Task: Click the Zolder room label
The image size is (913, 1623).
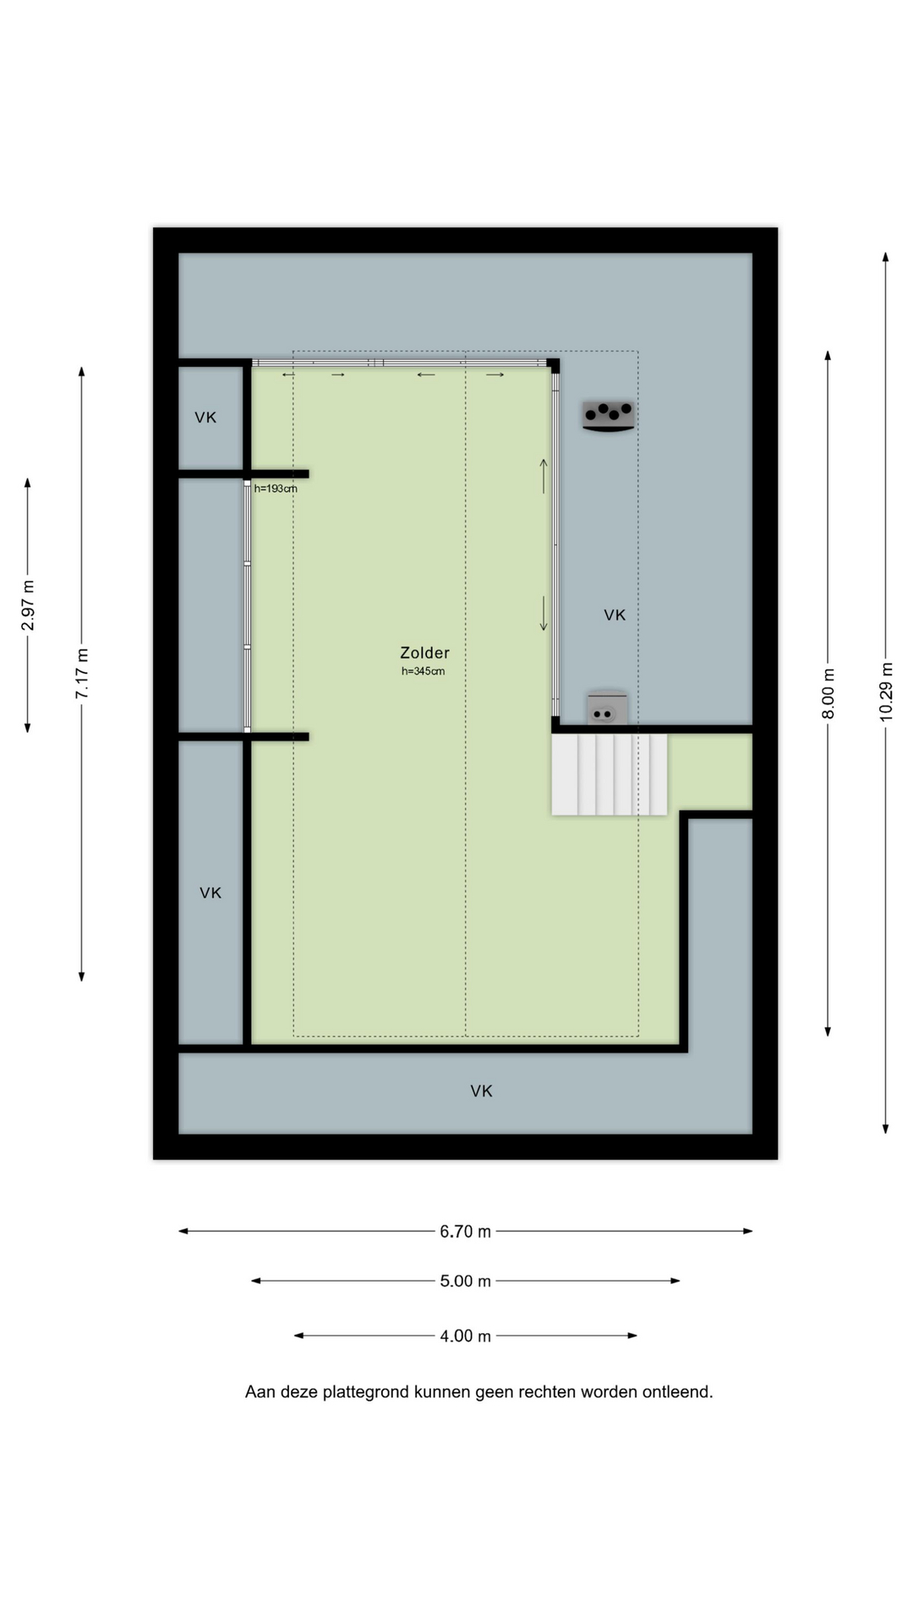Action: coord(424,653)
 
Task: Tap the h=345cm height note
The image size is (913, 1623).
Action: coord(423,671)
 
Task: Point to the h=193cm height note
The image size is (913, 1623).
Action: coord(276,489)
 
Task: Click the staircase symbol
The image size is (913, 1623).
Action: coord(609,774)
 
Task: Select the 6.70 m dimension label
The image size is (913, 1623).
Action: coord(465,1232)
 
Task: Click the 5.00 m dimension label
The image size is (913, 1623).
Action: coord(465,1281)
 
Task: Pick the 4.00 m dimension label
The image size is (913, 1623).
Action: coord(465,1336)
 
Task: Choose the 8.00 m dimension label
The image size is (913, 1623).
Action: coord(828,694)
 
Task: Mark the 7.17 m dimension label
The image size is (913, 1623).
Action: coord(82,674)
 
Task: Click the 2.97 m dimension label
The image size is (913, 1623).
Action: coord(28,605)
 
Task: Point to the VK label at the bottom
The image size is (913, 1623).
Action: coord(481,1091)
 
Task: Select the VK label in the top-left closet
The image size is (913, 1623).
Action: coord(205,418)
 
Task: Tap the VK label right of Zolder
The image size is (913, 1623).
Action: coord(615,615)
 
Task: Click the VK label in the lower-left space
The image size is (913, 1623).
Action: coord(210,893)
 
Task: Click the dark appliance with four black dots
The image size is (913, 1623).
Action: coord(609,416)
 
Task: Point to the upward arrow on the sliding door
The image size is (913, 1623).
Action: coord(544,476)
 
